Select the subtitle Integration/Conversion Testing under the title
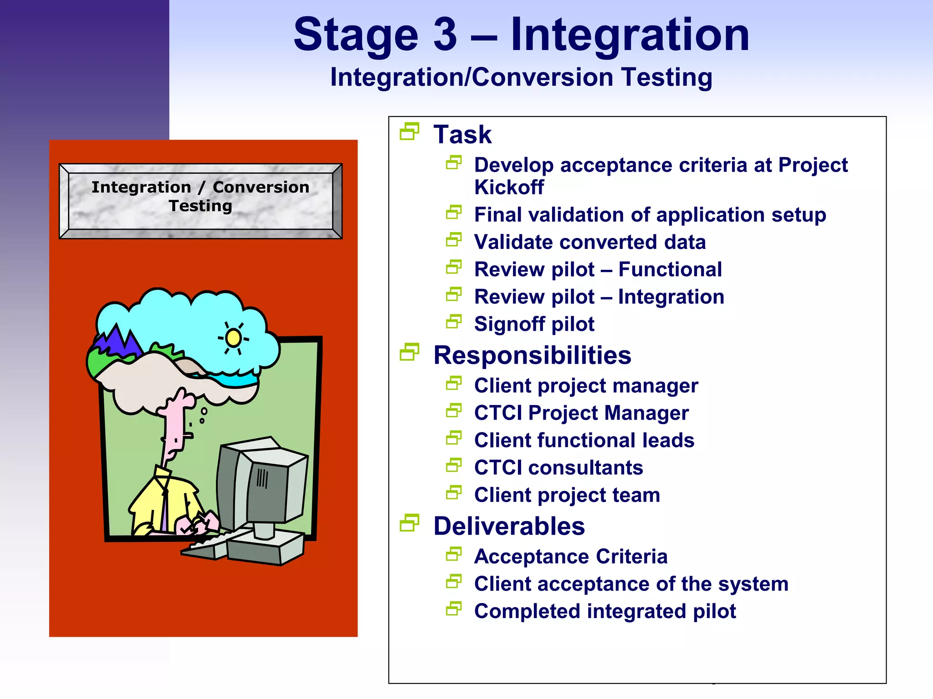521,77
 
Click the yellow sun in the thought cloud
234,338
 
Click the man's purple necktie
164,510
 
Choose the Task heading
462,135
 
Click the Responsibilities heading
532,355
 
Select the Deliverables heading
509,527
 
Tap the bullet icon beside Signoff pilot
454,322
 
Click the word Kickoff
509,187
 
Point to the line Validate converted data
590,242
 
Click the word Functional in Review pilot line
670,269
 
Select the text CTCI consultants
559,468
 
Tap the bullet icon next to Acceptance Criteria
454,554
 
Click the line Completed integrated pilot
605,611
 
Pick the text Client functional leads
584,441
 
